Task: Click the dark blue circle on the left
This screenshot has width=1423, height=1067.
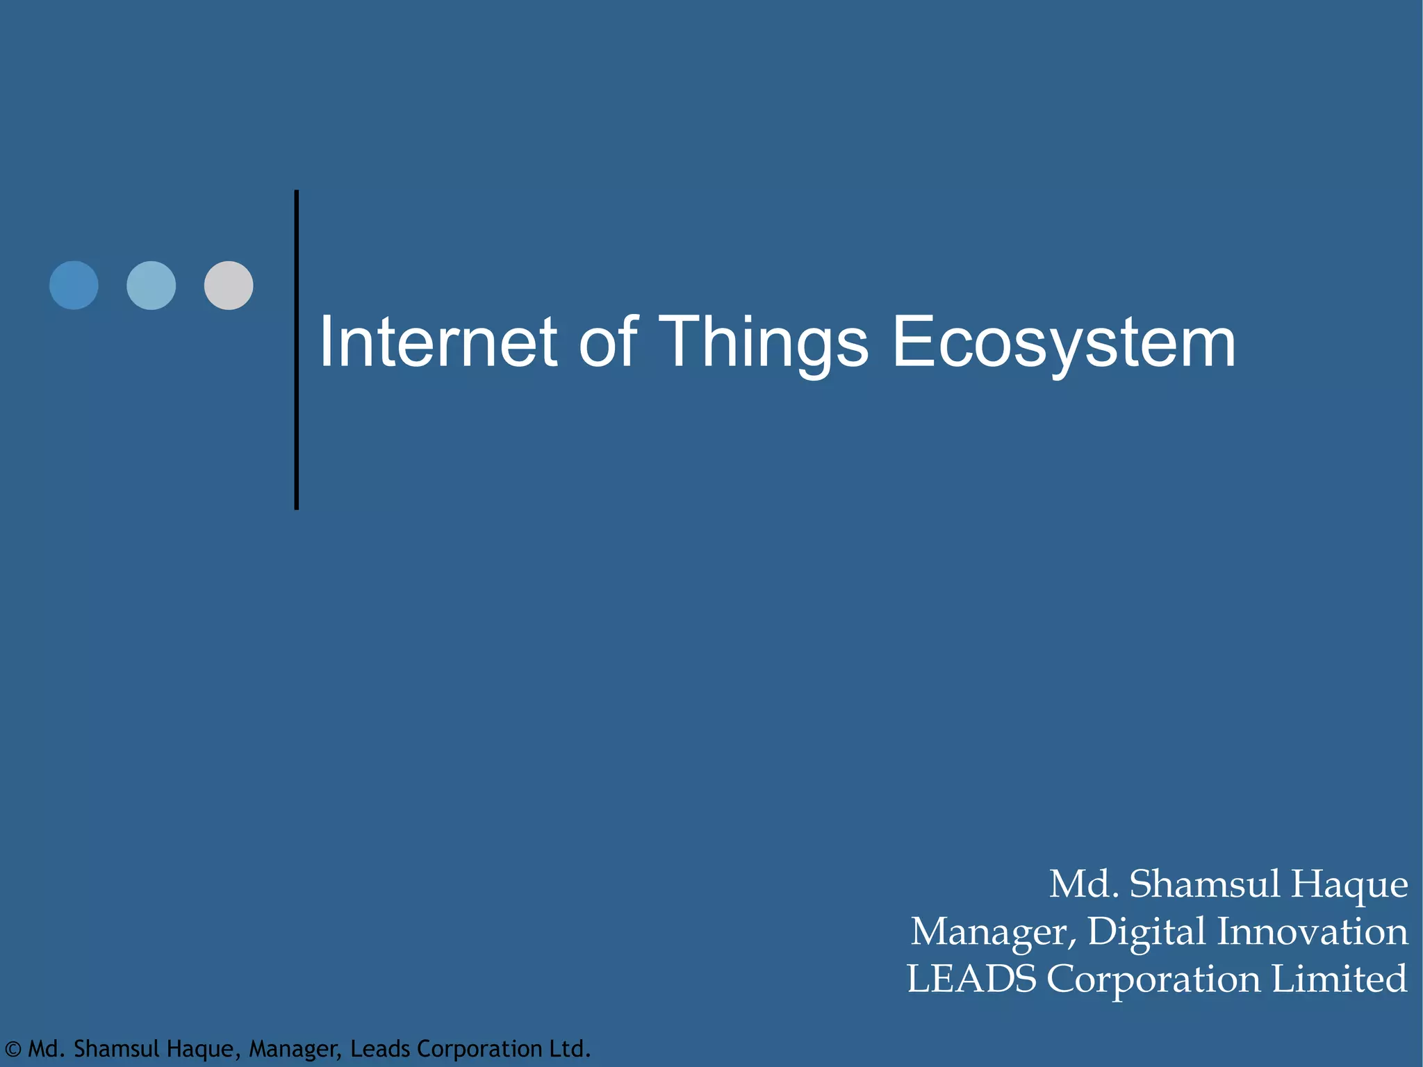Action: point(74,286)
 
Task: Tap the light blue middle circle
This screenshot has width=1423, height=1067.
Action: point(151,286)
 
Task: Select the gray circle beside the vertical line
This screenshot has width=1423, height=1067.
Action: point(229,286)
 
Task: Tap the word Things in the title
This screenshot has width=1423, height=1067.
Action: point(763,342)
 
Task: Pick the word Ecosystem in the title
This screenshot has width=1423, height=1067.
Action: point(1063,342)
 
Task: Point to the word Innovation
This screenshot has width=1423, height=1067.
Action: point(1313,932)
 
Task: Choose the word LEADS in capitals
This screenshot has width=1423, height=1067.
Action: point(971,979)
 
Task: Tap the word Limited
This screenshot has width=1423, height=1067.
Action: point(1339,979)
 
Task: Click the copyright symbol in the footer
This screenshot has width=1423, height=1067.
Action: point(13,1049)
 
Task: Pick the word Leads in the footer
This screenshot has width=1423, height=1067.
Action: point(380,1048)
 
